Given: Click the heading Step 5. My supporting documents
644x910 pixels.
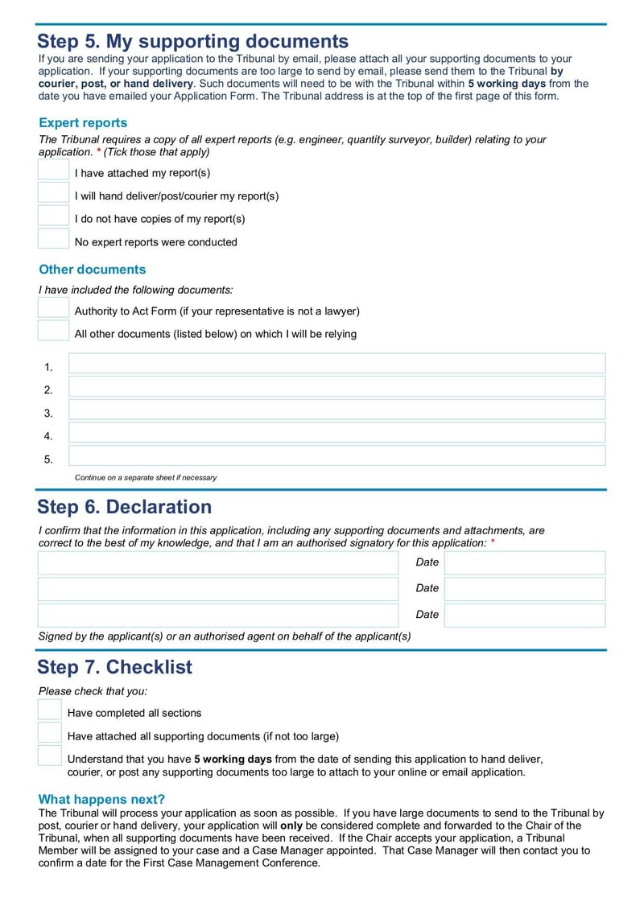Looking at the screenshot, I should [193, 41].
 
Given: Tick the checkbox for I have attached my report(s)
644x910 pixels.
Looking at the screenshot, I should [54, 170].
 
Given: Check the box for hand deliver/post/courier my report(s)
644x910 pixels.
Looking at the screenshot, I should [54, 193].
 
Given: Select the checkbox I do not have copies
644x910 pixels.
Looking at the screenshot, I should [54, 216].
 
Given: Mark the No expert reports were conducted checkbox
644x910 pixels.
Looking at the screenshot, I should [54, 239].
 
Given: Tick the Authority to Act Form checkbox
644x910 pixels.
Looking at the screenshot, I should [54, 307].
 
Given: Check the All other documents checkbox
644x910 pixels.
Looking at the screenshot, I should [54, 331].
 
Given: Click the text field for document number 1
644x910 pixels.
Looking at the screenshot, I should [336, 364].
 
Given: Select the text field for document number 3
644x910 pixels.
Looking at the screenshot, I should [336, 410].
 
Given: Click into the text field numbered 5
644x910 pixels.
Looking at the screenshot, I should [336, 456].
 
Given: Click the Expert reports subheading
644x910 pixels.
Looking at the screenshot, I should [83, 123].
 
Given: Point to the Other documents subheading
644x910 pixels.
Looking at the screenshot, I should [93, 270].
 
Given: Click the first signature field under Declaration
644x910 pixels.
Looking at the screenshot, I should [218, 563].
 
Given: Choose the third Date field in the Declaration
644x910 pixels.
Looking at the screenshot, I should [524, 616].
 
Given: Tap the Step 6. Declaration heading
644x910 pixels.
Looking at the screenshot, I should [125, 507].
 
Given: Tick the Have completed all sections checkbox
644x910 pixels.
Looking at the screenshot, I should [50, 710].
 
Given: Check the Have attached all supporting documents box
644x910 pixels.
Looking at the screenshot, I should [50, 733].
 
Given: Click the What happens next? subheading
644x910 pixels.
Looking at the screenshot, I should [101, 799].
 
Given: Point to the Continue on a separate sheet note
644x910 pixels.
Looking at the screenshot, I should [146, 477].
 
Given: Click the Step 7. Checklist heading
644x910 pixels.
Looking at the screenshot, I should [115, 667].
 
